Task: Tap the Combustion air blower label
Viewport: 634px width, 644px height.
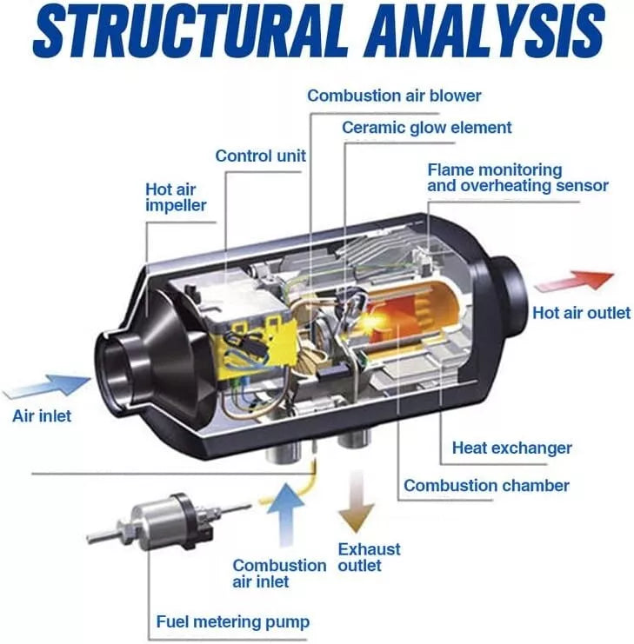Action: point(394,96)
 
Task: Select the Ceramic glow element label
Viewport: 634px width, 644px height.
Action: point(426,128)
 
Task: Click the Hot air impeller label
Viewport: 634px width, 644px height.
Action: point(176,196)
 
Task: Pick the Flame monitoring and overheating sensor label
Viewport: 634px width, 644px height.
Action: point(517,178)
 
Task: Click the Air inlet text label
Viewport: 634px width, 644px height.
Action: point(42,415)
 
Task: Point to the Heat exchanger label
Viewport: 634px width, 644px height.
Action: point(511,448)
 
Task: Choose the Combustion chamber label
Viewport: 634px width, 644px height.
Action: point(486,485)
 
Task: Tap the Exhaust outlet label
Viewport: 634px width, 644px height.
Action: point(369,557)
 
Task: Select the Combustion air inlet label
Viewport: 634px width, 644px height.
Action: point(278,574)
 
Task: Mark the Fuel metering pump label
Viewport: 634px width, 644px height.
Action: point(232,621)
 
